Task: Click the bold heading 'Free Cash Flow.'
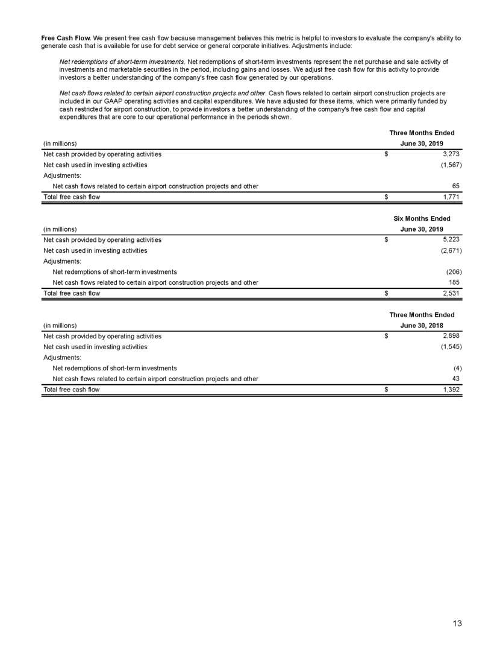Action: (x=66, y=38)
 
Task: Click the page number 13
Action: (x=458, y=624)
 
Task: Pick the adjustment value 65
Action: (x=456, y=186)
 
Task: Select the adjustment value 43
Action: (x=456, y=379)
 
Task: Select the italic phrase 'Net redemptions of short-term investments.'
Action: (x=122, y=62)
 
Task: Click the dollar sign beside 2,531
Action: (x=387, y=294)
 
